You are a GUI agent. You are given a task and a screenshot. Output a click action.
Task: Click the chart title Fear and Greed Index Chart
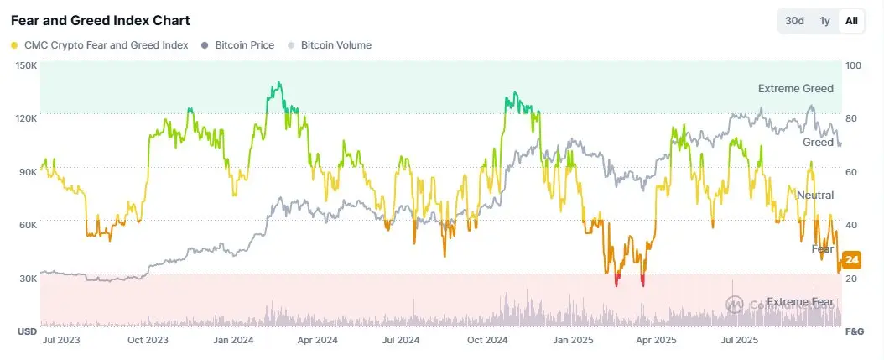coord(100,19)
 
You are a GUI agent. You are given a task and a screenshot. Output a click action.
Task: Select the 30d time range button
coord(794,20)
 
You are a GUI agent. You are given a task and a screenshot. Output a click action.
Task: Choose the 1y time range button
coord(824,20)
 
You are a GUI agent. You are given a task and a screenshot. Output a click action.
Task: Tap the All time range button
coord(851,20)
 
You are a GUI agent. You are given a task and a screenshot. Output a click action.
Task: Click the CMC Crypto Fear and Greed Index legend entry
coord(99,45)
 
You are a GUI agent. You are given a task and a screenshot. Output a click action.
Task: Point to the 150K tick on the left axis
coord(26,65)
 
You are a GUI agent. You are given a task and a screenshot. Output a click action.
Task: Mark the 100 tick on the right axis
coord(853,65)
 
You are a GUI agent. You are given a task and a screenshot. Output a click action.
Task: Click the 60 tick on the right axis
coord(851,172)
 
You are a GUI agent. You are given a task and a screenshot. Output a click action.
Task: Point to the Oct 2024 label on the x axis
coord(487,341)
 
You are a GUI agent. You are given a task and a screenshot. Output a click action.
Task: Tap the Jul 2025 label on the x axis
coord(739,341)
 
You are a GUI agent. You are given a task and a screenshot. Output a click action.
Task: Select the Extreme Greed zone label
coord(795,88)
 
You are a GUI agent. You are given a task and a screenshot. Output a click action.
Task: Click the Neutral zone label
coord(814,196)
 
